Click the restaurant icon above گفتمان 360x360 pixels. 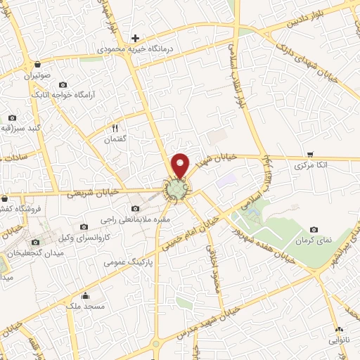(x=115, y=128)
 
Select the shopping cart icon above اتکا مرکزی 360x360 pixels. (x=310, y=154)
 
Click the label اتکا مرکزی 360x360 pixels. (x=310, y=165)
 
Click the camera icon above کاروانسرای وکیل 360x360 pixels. (x=84, y=226)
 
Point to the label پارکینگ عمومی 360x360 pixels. (x=127, y=262)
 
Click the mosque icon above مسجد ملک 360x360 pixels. (x=85, y=295)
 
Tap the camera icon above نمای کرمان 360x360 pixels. (x=314, y=230)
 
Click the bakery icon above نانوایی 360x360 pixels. (x=339, y=329)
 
